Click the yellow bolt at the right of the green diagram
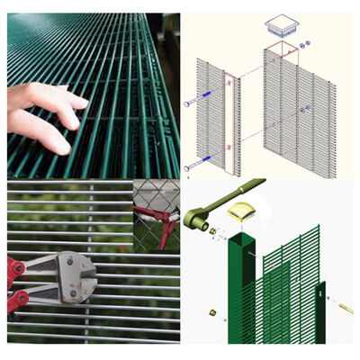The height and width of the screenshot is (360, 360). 346,308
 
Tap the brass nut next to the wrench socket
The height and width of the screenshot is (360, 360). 215,232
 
